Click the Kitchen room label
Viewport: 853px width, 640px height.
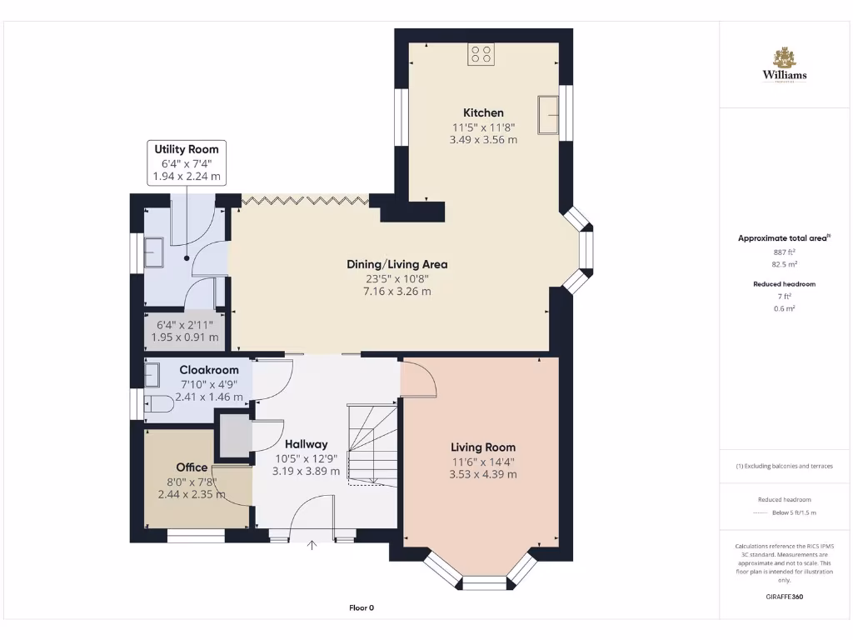[483, 112]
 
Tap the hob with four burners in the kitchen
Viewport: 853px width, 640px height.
[481, 55]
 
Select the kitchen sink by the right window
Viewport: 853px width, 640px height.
[549, 114]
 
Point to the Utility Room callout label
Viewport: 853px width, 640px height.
[187, 149]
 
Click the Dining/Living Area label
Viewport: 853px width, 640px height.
[397, 264]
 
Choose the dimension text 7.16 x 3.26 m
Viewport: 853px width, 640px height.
[397, 292]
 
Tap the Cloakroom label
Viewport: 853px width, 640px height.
[209, 369]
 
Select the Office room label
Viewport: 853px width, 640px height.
[192, 467]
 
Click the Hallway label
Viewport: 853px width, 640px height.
[306, 444]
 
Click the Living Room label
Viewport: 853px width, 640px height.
[483, 447]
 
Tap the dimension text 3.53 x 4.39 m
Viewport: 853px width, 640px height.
[483, 474]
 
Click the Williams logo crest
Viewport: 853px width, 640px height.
[785, 58]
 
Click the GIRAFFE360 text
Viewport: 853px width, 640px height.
[784, 597]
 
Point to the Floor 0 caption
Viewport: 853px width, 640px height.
[361, 607]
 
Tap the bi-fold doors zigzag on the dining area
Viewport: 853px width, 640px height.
[305, 200]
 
